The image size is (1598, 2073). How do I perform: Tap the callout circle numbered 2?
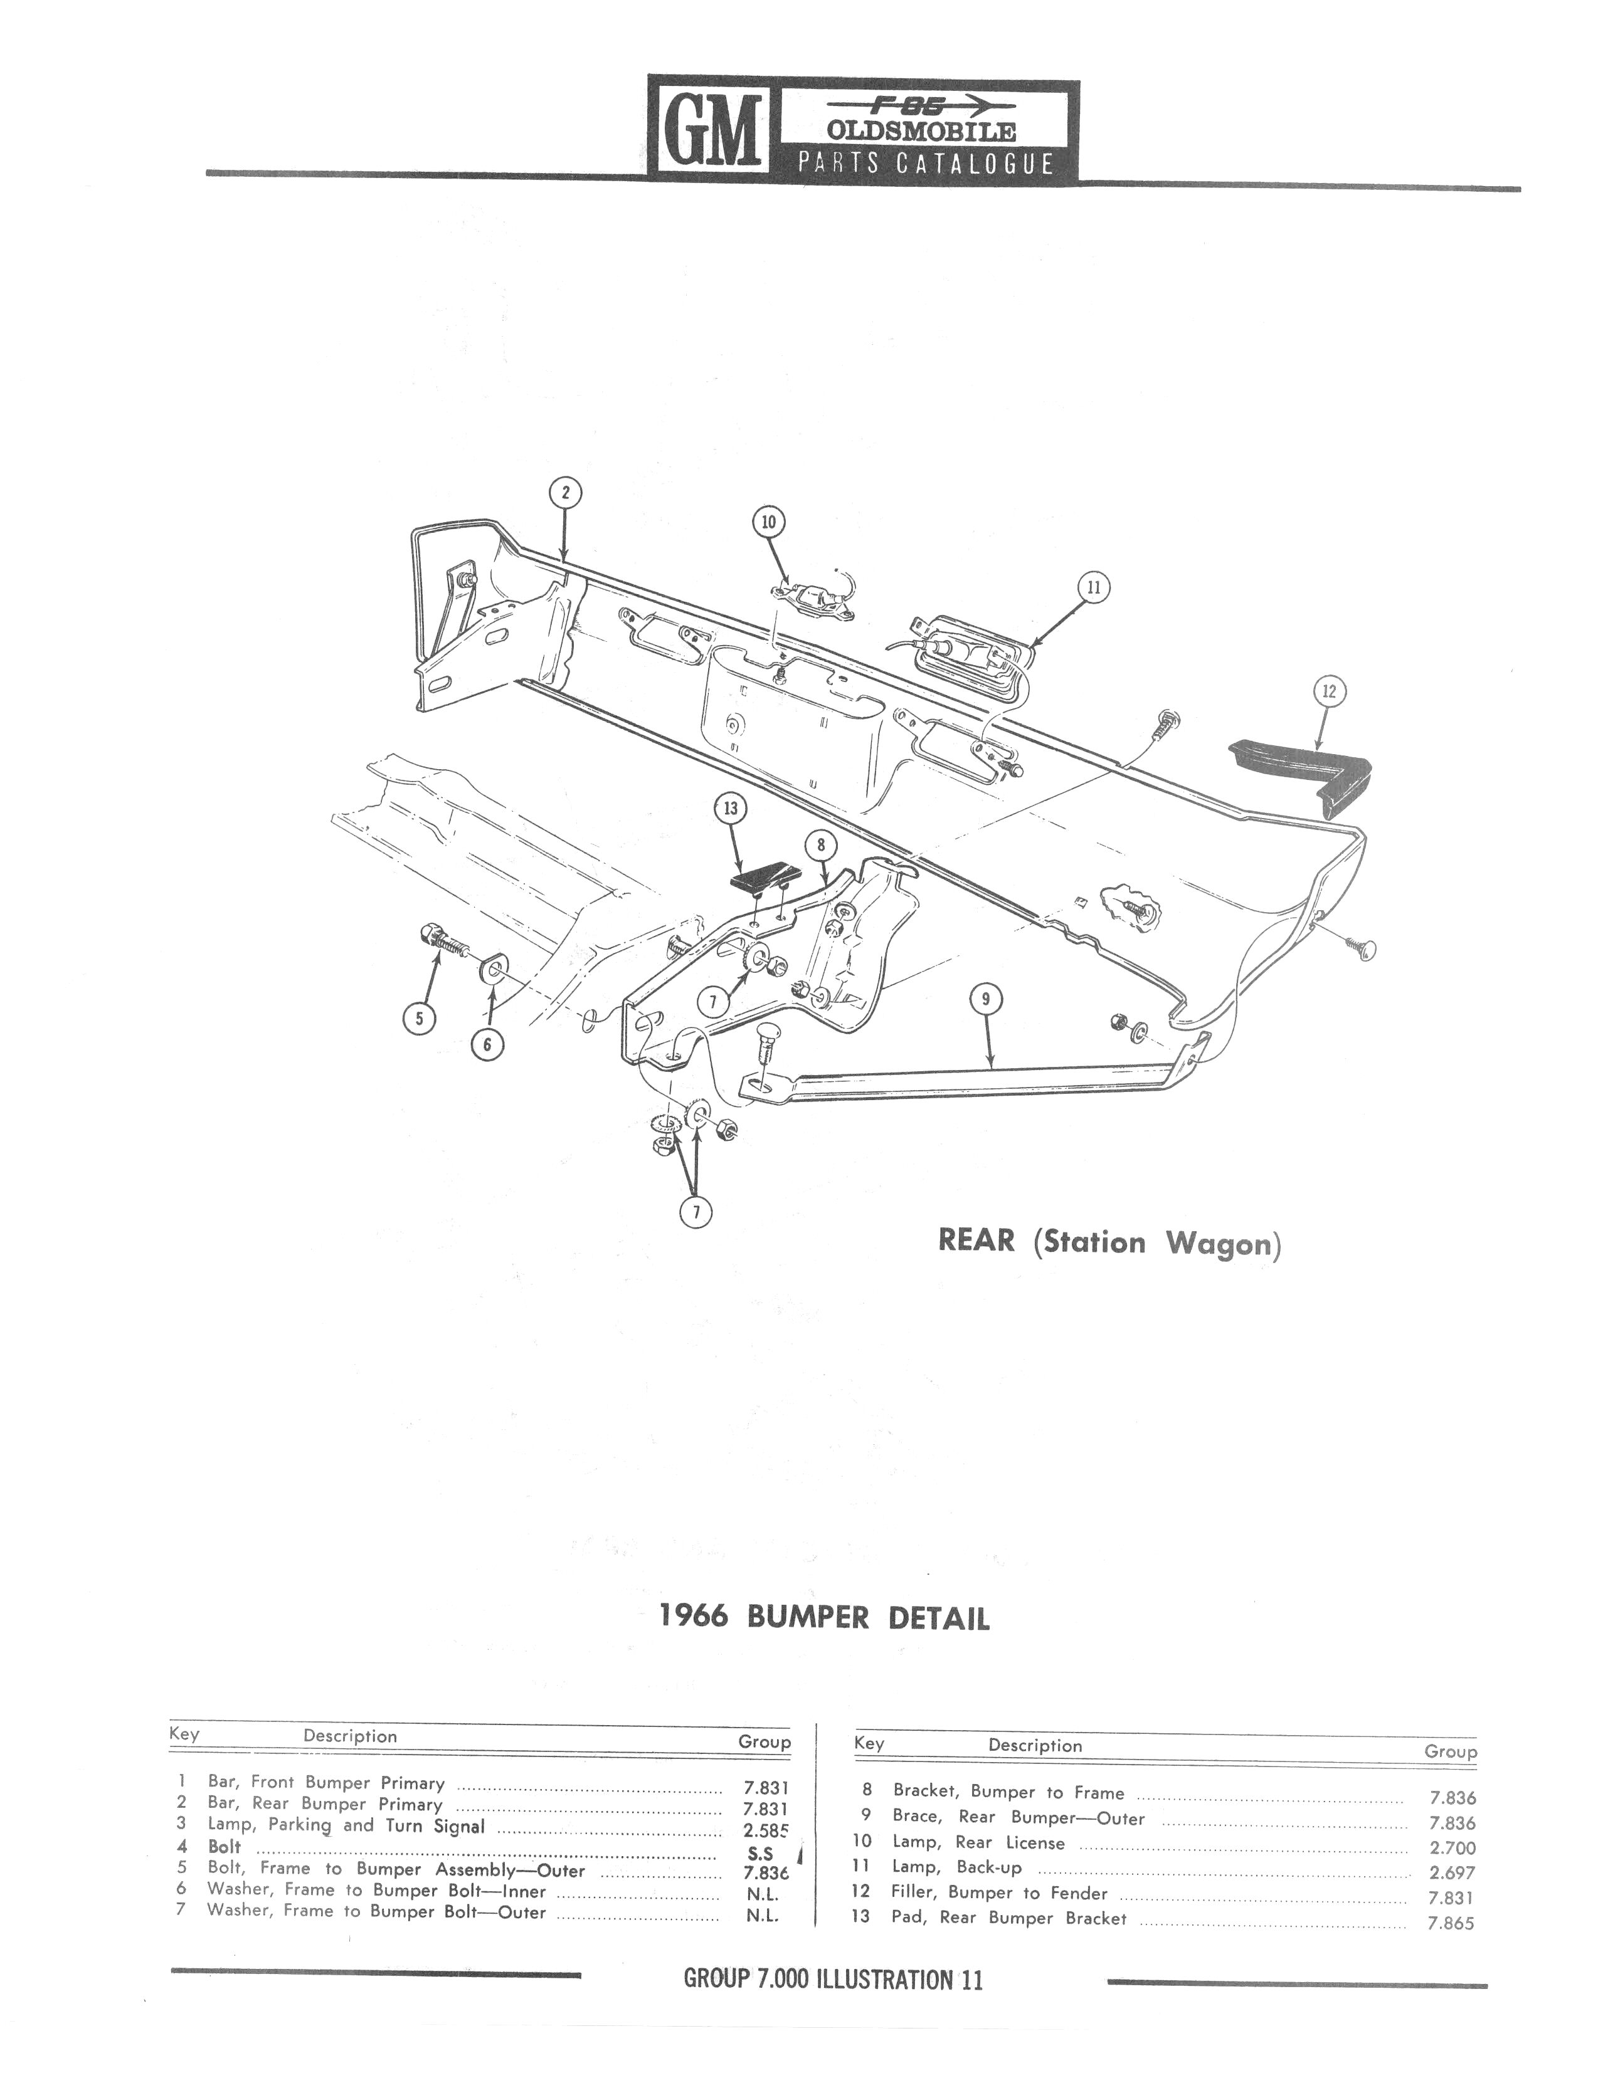[566, 493]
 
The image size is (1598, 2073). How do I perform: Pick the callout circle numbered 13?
[730, 809]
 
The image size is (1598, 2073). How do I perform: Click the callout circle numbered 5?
[419, 1019]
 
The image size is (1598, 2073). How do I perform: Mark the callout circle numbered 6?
[487, 1044]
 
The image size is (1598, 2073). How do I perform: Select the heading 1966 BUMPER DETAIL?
[824, 1617]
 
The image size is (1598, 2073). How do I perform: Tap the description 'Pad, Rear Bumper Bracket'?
[1009, 1918]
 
